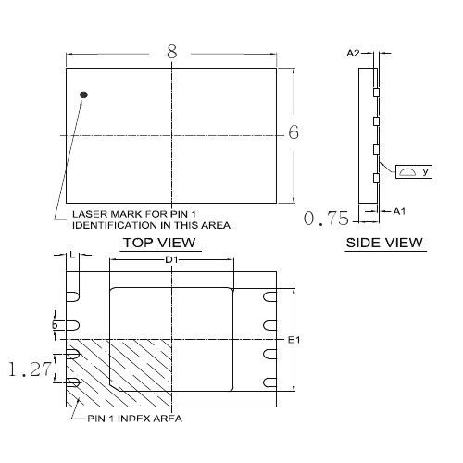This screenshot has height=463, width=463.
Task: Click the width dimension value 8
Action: (x=172, y=52)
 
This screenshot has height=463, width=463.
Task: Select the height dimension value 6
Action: (x=294, y=132)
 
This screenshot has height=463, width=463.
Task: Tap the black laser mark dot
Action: (x=83, y=94)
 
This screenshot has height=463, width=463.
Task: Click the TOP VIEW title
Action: (x=159, y=243)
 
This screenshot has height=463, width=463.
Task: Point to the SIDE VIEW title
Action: (x=384, y=243)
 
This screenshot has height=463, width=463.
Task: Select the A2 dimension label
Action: (x=353, y=54)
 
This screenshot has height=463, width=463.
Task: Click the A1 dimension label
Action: (x=399, y=211)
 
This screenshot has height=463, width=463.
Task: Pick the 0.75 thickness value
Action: (x=326, y=219)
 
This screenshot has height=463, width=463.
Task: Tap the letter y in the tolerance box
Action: (x=426, y=171)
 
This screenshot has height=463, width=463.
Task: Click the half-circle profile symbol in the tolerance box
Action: (x=407, y=171)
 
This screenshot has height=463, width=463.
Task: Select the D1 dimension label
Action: (x=171, y=260)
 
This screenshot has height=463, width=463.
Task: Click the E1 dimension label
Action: (x=294, y=340)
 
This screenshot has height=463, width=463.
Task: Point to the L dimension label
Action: (x=72, y=255)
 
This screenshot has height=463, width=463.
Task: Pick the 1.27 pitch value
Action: (x=30, y=369)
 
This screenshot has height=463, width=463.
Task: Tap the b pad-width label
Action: (x=55, y=325)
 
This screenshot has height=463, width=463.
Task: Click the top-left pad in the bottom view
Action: (x=73, y=296)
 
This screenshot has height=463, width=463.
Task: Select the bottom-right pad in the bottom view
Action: (x=269, y=382)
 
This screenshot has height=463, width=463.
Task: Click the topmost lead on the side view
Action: (x=376, y=93)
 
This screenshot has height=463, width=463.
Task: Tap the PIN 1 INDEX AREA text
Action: (x=134, y=419)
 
